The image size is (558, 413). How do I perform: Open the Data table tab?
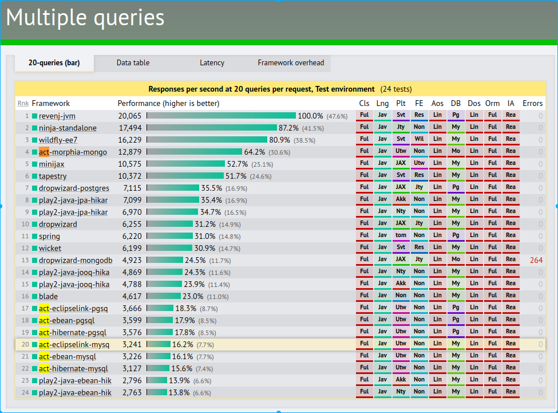pyautogui.click(x=133, y=63)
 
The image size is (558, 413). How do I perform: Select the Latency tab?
pyautogui.click(x=212, y=63)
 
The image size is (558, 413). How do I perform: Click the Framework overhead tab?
pyautogui.click(x=291, y=63)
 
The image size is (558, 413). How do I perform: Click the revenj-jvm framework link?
pyautogui.click(x=57, y=116)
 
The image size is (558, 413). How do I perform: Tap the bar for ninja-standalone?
pyautogui.click(x=212, y=128)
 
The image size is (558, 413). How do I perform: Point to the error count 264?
pyautogui.click(x=536, y=260)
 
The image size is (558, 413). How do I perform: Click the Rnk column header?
pyautogui.click(x=23, y=103)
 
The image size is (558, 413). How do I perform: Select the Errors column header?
pyautogui.click(x=532, y=103)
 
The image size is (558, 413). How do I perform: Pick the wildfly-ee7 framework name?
pyautogui.click(x=58, y=140)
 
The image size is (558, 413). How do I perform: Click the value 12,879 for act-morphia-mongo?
pyautogui.click(x=130, y=152)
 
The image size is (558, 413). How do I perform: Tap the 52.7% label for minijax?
pyautogui.click(x=238, y=164)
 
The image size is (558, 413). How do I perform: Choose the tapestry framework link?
pyautogui.click(x=53, y=176)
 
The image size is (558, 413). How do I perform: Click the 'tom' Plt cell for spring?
pyautogui.click(x=401, y=235)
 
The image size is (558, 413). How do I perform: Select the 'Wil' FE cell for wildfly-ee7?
pyautogui.click(x=419, y=139)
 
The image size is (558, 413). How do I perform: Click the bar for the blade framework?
pyautogui.click(x=164, y=296)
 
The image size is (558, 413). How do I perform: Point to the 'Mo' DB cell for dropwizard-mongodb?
pyautogui.click(x=456, y=259)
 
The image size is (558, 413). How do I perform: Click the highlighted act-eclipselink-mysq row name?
pyautogui.click(x=74, y=345)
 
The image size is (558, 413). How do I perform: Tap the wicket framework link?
pyautogui.click(x=50, y=248)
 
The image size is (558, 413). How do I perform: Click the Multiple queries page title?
pyautogui.click(x=85, y=18)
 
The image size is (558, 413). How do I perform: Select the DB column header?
pyautogui.click(x=456, y=103)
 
